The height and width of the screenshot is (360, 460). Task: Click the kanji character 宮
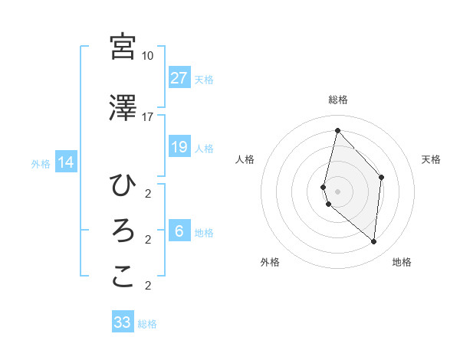pyautogui.click(x=123, y=47)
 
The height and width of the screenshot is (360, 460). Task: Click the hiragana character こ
pyautogui.click(x=123, y=277)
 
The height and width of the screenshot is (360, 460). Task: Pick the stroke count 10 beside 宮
pyautogui.click(x=147, y=56)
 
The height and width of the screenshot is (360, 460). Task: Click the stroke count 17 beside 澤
pyautogui.click(x=147, y=116)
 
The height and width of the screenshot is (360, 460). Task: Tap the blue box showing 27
pyautogui.click(x=179, y=78)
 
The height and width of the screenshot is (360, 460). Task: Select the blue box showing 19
pyautogui.click(x=179, y=147)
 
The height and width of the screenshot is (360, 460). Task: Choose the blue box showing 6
pyautogui.click(x=179, y=231)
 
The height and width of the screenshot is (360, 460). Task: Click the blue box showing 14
pyautogui.click(x=66, y=162)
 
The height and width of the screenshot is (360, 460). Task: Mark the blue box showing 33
pyautogui.click(x=123, y=322)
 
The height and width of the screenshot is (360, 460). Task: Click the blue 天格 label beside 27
pyautogui.click(x=203, y=80)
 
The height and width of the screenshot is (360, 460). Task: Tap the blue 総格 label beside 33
pyautogui.click(x=147, y=324)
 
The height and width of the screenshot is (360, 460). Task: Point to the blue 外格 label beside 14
pyautogui.click(x=41, y=163)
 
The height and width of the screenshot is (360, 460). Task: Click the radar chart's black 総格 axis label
pyautogui.click(x=337, y=100)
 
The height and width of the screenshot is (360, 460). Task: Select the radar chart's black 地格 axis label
pyautogui.click(x=402, y=262)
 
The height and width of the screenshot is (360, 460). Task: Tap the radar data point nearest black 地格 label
pyautogui.click(x=373, y=242)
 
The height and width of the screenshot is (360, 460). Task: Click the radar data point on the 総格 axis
pyautogui.click(x=337, y=131)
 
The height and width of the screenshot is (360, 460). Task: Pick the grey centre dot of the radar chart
pyautogui.click(x=337, y=191)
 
